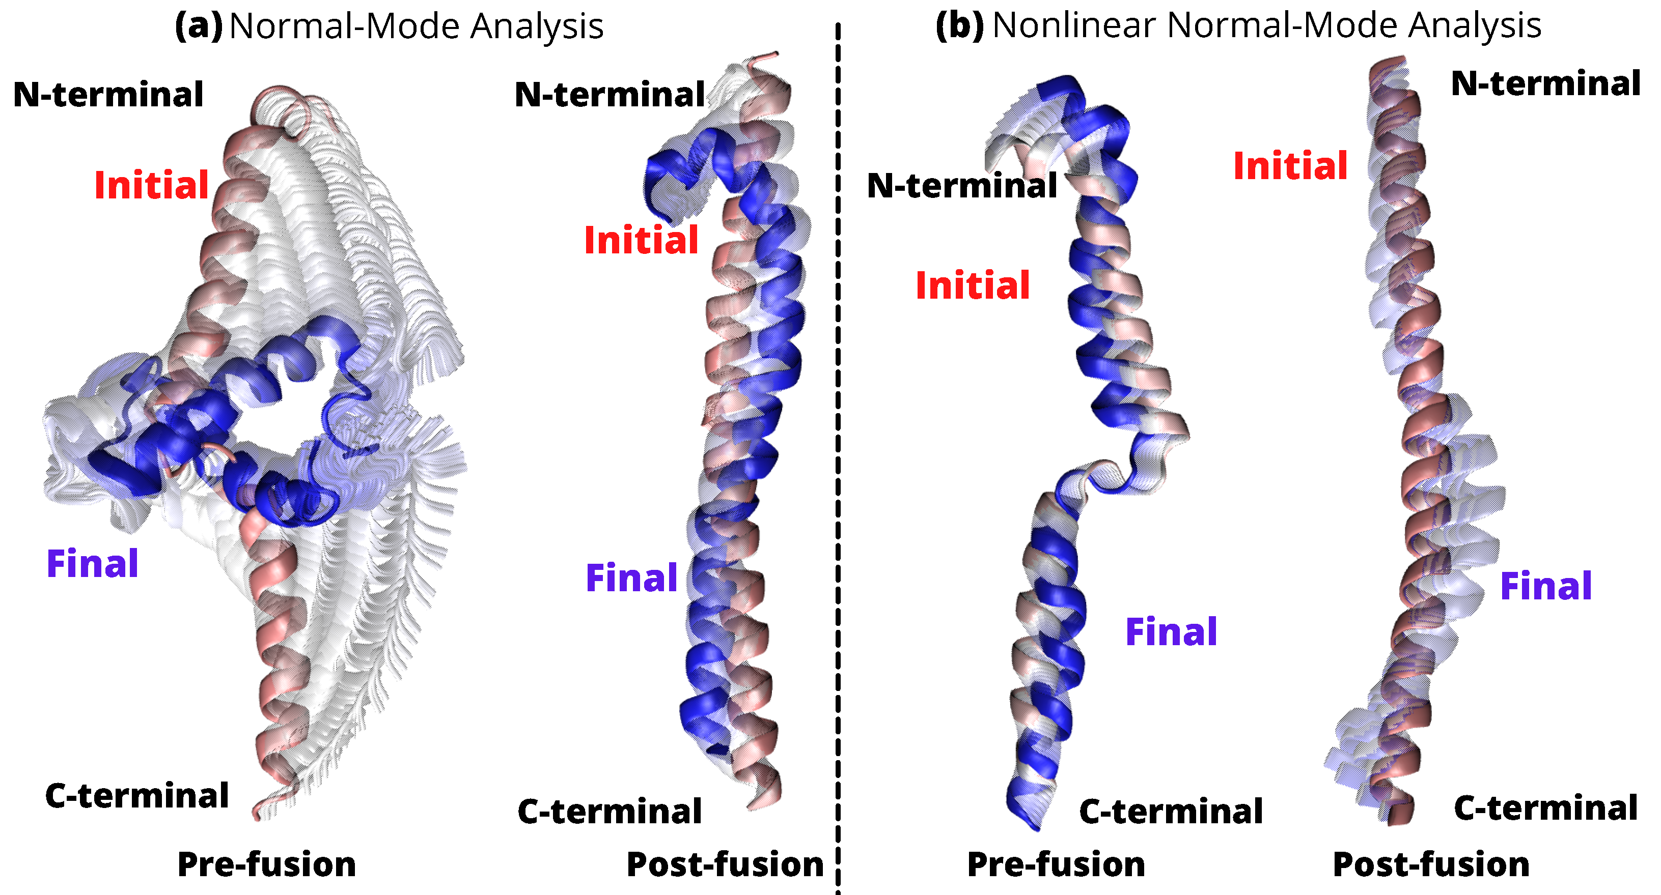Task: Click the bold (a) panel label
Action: (199, 27)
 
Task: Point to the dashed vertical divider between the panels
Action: (838, 451)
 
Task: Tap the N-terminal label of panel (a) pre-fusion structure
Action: (108, 95)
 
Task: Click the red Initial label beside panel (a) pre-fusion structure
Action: (152, 186)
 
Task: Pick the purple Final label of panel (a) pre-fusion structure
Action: (92, 564)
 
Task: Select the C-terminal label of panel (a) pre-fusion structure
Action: (136, 796)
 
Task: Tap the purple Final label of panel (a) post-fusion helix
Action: (631, 578)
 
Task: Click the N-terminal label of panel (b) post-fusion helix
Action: (1545, 84)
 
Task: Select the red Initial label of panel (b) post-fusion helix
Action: (1290, 166)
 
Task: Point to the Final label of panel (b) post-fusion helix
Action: (1545, 586)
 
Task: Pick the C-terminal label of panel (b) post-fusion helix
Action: (1545, 808)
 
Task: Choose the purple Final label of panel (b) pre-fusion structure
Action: (1171, 632)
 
